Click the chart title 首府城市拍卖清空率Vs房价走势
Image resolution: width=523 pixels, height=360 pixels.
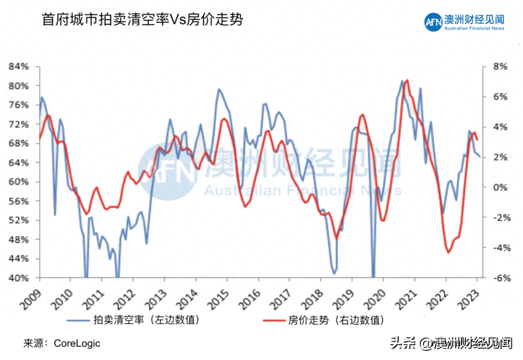[x=142, y=20]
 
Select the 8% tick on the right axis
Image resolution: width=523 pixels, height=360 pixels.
[x=500, y=66]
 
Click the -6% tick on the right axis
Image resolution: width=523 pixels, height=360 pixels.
[x=499, y=278]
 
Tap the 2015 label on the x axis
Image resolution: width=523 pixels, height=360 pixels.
[x=217, y=295]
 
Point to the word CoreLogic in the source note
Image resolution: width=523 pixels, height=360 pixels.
[x=77, y=344]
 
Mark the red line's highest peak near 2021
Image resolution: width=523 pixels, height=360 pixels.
[x=407, y=80]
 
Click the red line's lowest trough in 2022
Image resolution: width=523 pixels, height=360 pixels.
[x=448, y=252]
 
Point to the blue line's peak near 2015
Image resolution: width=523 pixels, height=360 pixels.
[x=219, y=89]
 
